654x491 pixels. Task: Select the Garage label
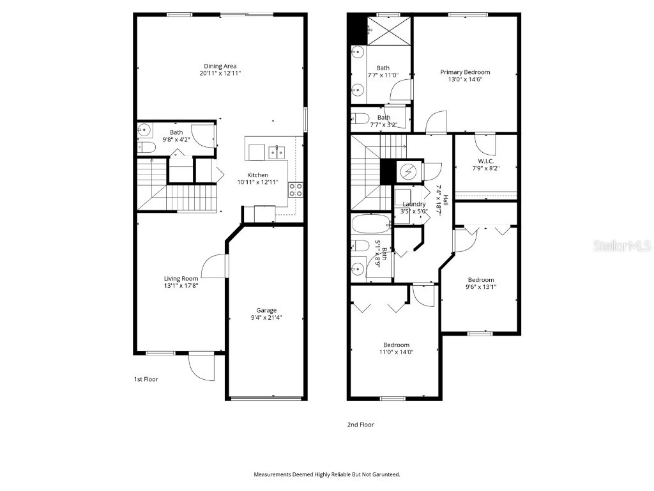point(266,310)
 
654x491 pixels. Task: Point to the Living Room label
point(181,278)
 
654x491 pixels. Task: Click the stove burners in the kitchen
point(296,189)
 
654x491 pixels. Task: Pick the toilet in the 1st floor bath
point(147,148)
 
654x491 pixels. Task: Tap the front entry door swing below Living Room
point(202,367)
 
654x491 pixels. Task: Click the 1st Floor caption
point(146,379)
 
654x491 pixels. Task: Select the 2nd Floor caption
point(361,425)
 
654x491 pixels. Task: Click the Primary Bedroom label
point(465,72)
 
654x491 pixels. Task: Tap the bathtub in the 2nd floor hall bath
point(370,224)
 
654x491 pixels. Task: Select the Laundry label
point(413,204)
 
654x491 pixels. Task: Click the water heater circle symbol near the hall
point(407,171)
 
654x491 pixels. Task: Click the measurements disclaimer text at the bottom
point(327,474)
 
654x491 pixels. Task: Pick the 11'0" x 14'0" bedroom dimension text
point(397,352)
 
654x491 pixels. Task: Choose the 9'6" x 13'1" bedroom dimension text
point(480,286)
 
